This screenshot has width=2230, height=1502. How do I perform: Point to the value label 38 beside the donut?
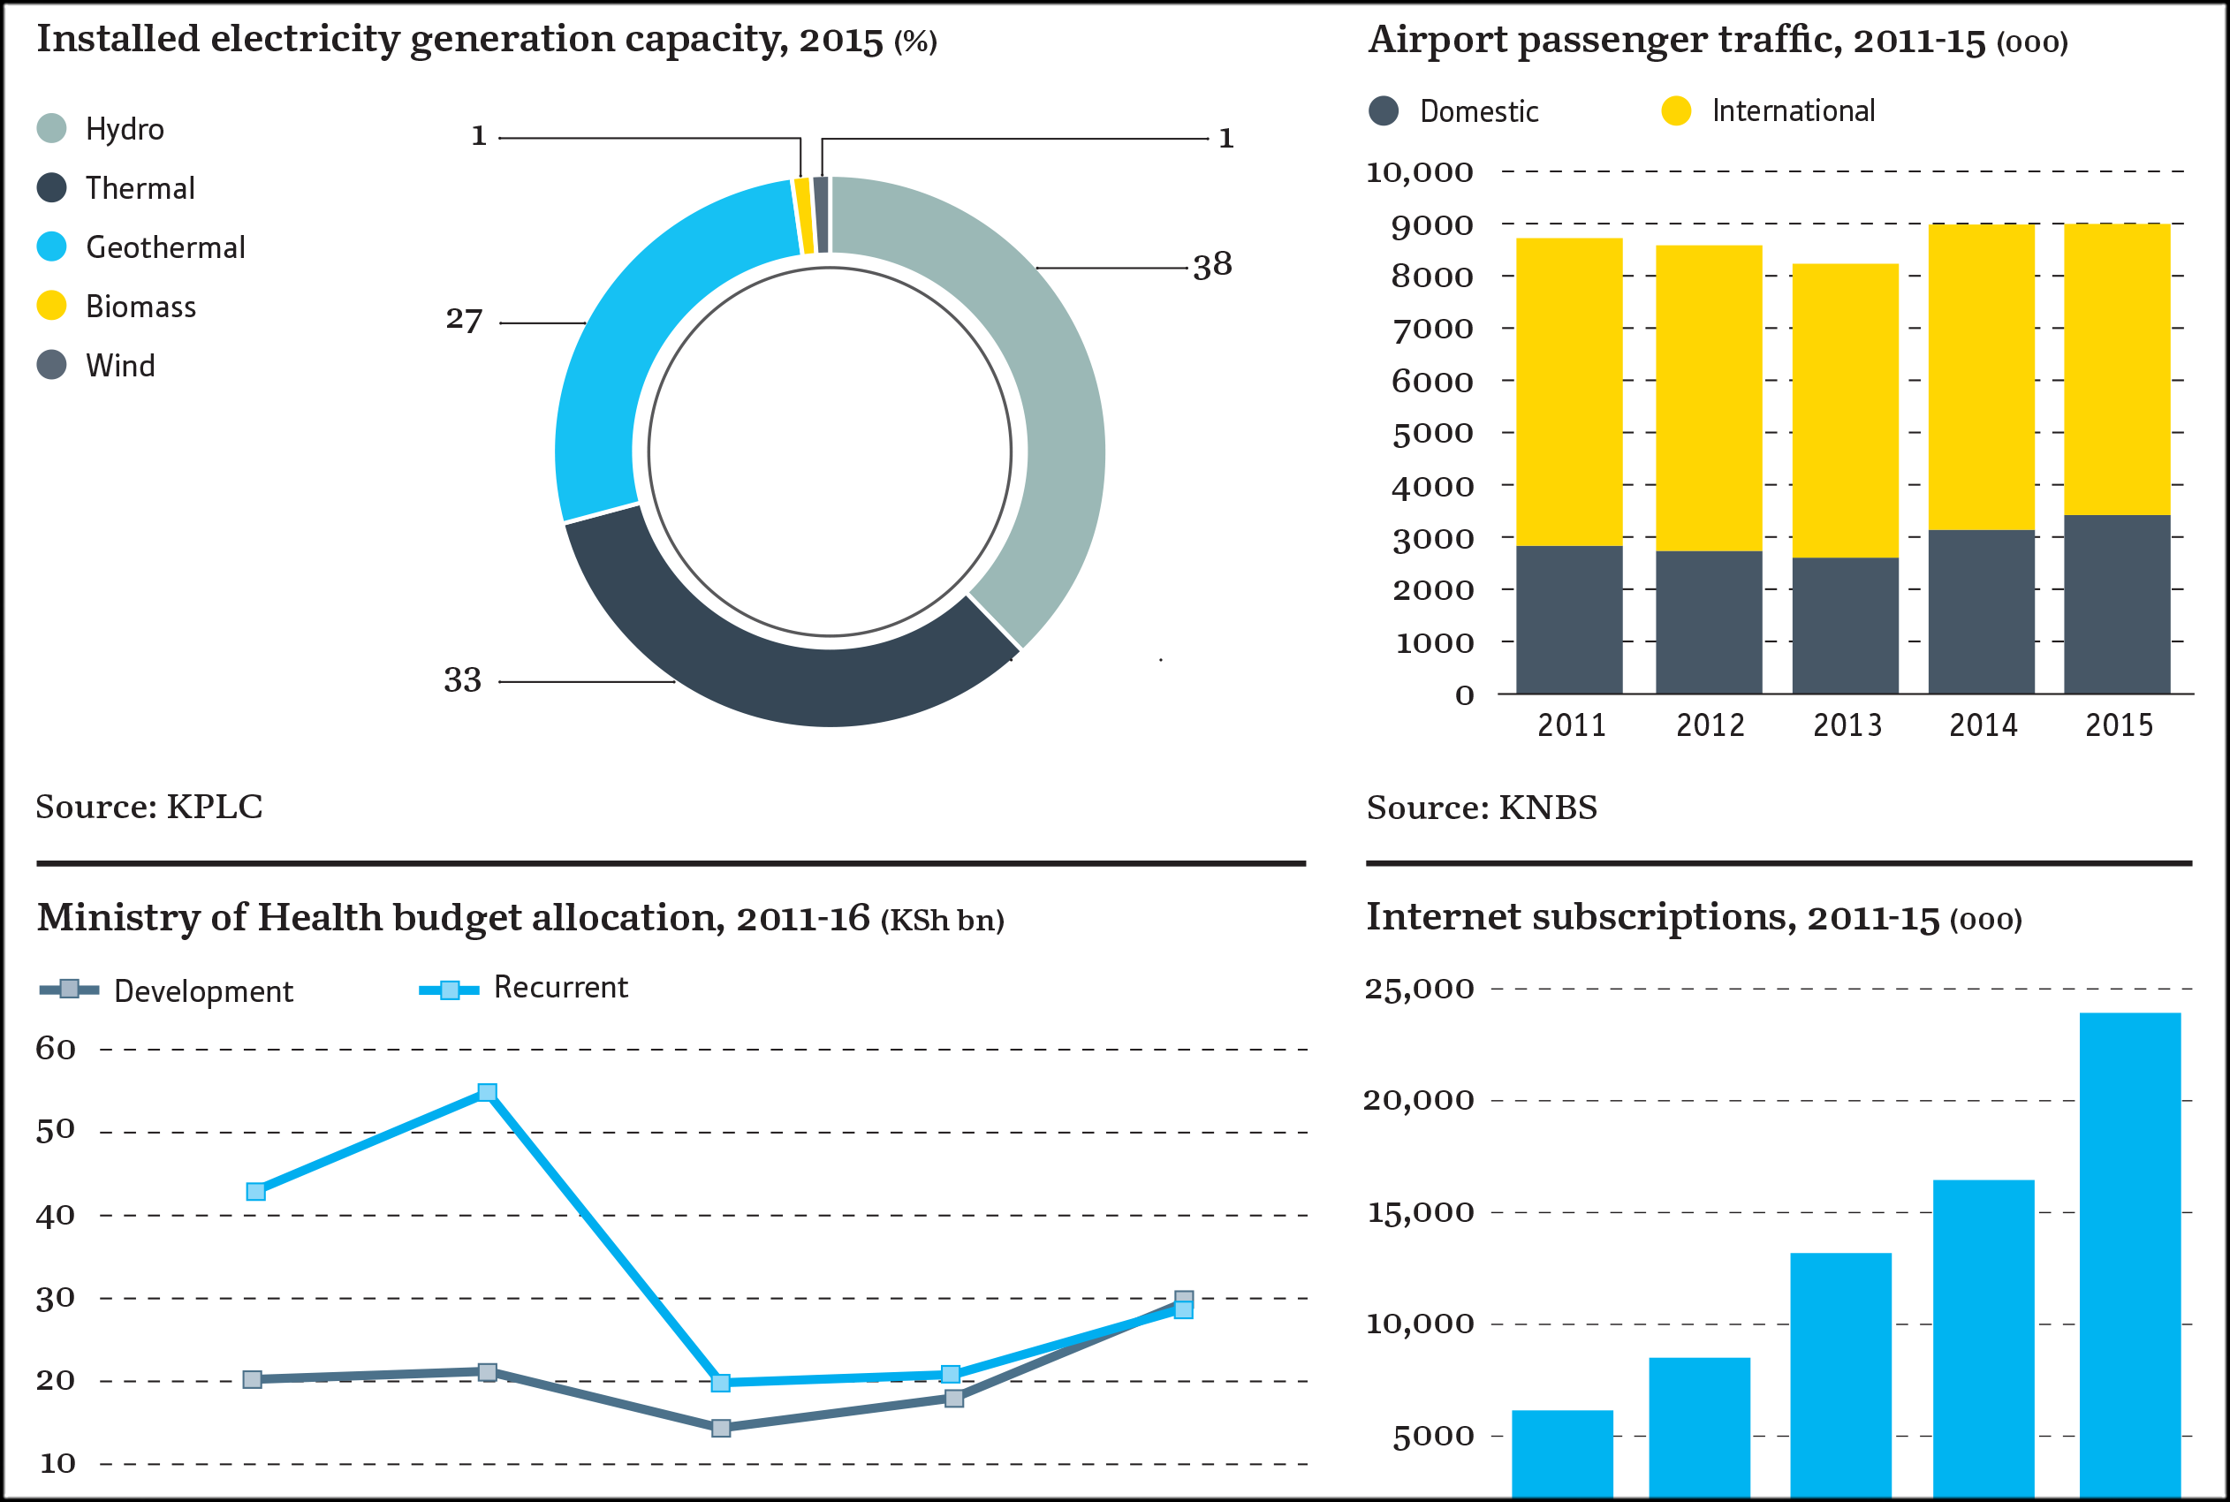point(1212,265)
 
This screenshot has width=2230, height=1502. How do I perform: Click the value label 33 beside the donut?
point(463,680)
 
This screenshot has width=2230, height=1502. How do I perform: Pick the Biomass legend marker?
point(52,306)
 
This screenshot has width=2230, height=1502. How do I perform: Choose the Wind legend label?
point(121,366)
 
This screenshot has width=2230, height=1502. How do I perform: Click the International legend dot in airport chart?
point(1676,111)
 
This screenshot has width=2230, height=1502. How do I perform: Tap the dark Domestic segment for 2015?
point(2117,603)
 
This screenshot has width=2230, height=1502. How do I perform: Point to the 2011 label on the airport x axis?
point(1572,725)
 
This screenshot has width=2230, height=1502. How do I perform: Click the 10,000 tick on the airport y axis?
point(1419,172)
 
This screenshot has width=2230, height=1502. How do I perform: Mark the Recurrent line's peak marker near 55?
point(488,1093)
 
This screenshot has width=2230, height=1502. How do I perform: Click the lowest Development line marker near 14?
point(721,1429)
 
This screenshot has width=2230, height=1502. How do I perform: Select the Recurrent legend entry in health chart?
point(559,988)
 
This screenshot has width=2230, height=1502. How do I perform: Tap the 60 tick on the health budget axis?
point(56,1049)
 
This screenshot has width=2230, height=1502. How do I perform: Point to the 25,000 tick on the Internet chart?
point(1419,989)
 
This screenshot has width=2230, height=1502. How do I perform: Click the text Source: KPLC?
point(149,807)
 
